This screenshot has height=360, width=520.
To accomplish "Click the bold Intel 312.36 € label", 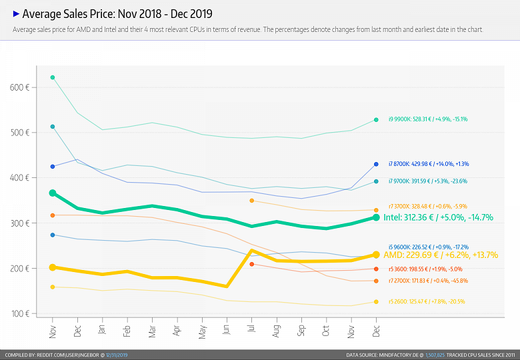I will [438, 217].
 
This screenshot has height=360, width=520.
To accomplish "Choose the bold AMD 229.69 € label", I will [441, 255].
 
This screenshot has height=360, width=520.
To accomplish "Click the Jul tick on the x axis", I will [251, 329].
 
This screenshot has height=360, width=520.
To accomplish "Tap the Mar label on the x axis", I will [152, 329].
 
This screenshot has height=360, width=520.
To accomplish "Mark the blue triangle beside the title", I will [16, 13].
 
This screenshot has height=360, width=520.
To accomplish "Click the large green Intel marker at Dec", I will [376, 217].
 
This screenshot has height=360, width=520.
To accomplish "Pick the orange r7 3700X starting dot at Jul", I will [251, 201].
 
